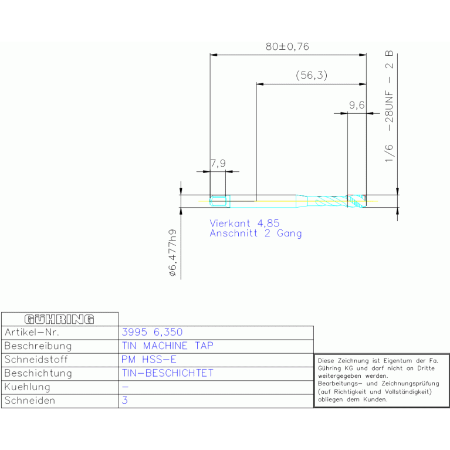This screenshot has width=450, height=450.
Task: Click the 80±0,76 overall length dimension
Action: click(287, 46)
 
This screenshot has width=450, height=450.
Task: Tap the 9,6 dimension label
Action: click(357, 105)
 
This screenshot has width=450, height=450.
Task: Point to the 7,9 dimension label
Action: click(218, 164)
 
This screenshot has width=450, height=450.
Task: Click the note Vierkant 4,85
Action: click(245, 224)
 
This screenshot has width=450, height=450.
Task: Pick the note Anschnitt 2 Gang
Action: click(256, 234)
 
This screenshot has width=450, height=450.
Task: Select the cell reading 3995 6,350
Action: click(155, 333)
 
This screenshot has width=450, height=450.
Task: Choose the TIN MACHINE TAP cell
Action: click(167, 346)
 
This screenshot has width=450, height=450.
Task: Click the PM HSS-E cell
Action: click(148, 360)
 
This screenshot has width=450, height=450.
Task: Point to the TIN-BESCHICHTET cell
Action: click(167, 373)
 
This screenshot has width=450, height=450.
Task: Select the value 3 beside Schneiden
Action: click(124, 401)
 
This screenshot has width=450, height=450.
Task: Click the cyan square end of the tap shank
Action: click(219, 201)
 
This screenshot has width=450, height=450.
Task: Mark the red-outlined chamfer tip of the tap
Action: click(356, 201)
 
